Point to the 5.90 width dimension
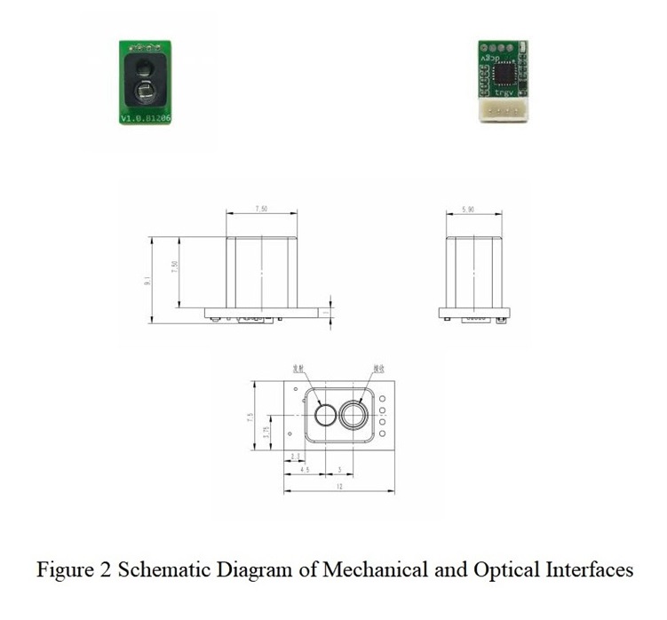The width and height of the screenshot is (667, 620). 473,210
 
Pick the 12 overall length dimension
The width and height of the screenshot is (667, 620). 338,488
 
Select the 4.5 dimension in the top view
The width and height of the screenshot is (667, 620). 305,470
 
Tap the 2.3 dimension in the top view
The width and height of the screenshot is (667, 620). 295,457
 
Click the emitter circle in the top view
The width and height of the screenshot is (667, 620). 326,416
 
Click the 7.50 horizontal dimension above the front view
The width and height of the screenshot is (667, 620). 261,210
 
